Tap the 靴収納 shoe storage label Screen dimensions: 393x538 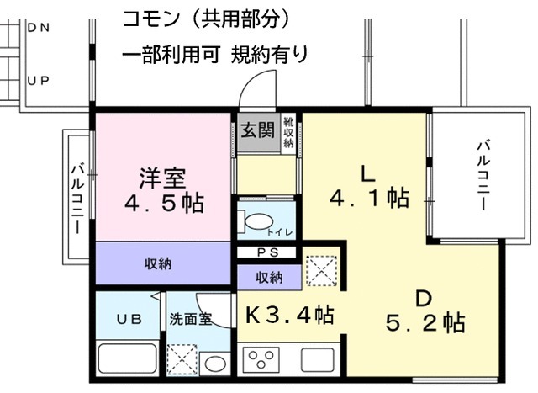point(287,133)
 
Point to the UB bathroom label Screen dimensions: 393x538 point(127,319)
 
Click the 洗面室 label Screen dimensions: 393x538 point(191,319)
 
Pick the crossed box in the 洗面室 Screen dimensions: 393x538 point(182,359)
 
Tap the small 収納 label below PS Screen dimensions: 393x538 point(268,277)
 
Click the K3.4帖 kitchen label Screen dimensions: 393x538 point(290,316)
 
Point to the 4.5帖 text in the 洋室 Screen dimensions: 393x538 point(164,204)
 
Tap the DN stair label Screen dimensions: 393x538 point(38,27)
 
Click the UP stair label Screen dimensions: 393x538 point(38,81)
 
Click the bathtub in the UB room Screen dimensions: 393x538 point(126,359)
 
